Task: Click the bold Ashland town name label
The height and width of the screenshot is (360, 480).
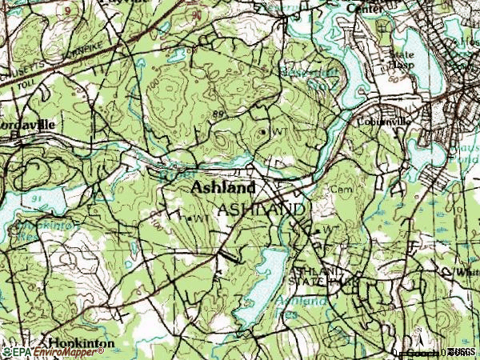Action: [223, 189]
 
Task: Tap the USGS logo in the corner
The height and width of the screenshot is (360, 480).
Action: [462, 352]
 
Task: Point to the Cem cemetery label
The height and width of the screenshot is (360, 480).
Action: [342, 190]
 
